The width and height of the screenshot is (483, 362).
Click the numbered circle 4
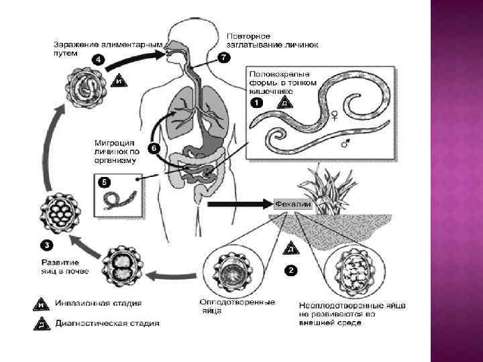98,58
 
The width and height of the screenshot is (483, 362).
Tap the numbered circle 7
223,57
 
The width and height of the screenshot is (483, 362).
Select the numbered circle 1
256,103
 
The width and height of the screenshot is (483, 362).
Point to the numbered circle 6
153,148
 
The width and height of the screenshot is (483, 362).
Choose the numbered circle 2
290,270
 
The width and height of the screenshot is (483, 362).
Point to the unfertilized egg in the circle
356,271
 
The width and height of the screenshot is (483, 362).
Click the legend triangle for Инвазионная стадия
41,305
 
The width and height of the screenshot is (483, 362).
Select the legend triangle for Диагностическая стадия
41,323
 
